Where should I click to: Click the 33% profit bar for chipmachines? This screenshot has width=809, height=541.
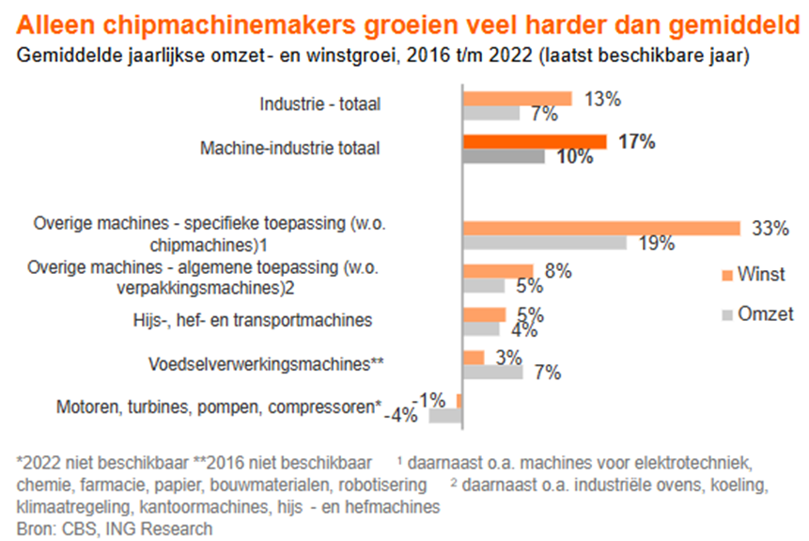[x=600, y=228]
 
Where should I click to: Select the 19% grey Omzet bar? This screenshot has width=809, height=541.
[x=544, y=243]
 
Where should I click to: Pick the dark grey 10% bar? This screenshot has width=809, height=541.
[x=503, y=157]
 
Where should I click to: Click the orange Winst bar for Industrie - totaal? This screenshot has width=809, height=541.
[x=517, y=98]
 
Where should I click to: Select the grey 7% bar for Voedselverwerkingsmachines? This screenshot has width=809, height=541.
[x=492, y=372]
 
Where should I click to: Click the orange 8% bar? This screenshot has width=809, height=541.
[x=497, y=271]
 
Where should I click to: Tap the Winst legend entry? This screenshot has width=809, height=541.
[x=752, y=275]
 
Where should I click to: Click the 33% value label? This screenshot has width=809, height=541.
[x=770, y=228]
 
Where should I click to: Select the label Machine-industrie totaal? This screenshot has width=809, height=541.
[x=290, y=148]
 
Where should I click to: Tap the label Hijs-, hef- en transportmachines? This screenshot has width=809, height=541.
[x=251, y=320]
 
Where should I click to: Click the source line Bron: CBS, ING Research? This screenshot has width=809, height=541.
[x=115, y=528]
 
